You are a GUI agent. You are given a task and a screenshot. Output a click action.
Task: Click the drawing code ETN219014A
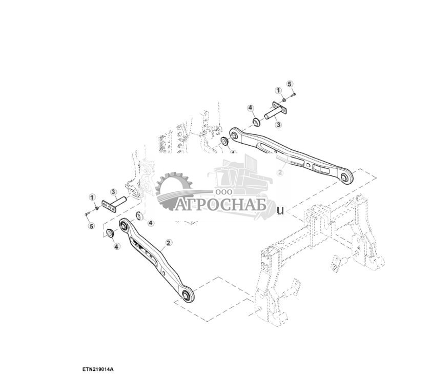point(97,369)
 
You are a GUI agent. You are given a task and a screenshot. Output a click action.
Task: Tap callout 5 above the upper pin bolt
point(290,84)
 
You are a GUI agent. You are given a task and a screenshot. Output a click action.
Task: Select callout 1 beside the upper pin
point(279,91)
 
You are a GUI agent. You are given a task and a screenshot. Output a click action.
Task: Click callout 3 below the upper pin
point(278,124)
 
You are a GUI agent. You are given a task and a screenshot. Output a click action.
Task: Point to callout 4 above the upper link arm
point(251,108)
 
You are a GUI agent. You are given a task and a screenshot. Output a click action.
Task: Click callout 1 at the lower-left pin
point(92,197)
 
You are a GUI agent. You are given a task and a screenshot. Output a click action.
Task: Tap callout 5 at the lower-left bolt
point(91,226)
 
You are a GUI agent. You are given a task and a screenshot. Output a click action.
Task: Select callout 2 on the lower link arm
point(168,242)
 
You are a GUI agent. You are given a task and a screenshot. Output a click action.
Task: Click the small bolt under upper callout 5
point(292,94)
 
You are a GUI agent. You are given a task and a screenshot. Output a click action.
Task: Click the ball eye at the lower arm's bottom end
point(187,296)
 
